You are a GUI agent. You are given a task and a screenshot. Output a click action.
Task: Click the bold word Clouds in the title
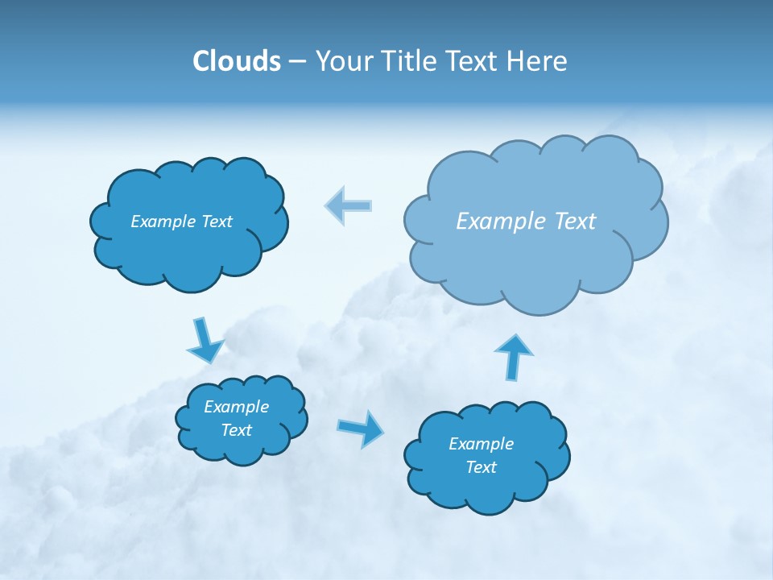(x=236, y=61)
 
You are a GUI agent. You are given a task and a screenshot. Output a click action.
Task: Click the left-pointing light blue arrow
(x=348, y=205)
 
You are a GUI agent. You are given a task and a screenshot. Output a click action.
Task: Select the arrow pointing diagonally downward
(x=205, y=341)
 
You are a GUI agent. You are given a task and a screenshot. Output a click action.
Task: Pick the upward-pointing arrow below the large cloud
(x=512, y=357)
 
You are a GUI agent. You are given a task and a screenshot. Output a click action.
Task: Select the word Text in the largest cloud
(x=572, y=222)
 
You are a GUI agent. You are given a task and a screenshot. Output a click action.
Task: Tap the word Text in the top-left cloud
(x=217, y=222)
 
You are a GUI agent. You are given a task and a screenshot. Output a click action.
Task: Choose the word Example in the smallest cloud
(x=236, y=407)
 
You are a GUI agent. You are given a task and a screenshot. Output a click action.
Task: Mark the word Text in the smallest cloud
(x=236, y=430)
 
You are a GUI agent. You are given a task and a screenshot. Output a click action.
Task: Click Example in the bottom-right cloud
(x=481, y=444)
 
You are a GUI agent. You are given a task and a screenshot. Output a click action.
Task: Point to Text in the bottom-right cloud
(x=481, y=467)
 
